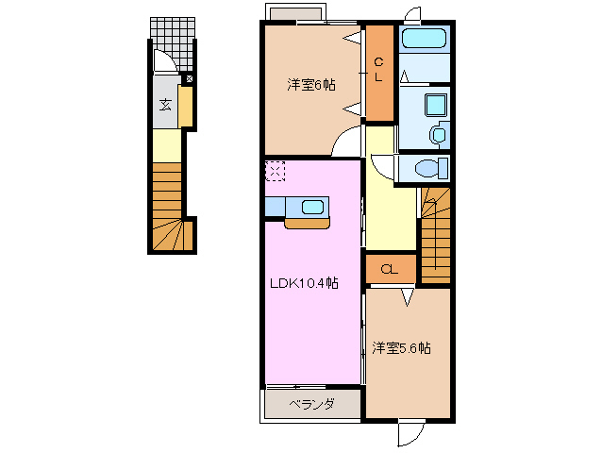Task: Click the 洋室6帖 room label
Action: [311, 85]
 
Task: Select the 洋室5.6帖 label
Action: [401, 348]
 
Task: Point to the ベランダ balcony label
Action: [311, 404]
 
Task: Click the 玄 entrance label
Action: [165, 105]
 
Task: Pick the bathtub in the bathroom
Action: [424, 40]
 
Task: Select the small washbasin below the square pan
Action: [438, 134]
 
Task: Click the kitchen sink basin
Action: [312, 207]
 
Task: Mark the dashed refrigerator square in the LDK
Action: [275, 171]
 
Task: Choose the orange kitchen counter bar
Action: [308, 225]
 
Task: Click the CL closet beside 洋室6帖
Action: [379, 73]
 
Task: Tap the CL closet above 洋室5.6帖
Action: [389, 270]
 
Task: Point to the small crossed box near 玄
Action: [189, 79]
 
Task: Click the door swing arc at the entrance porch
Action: [162, 59]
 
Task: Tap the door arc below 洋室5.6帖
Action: [408, 432]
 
